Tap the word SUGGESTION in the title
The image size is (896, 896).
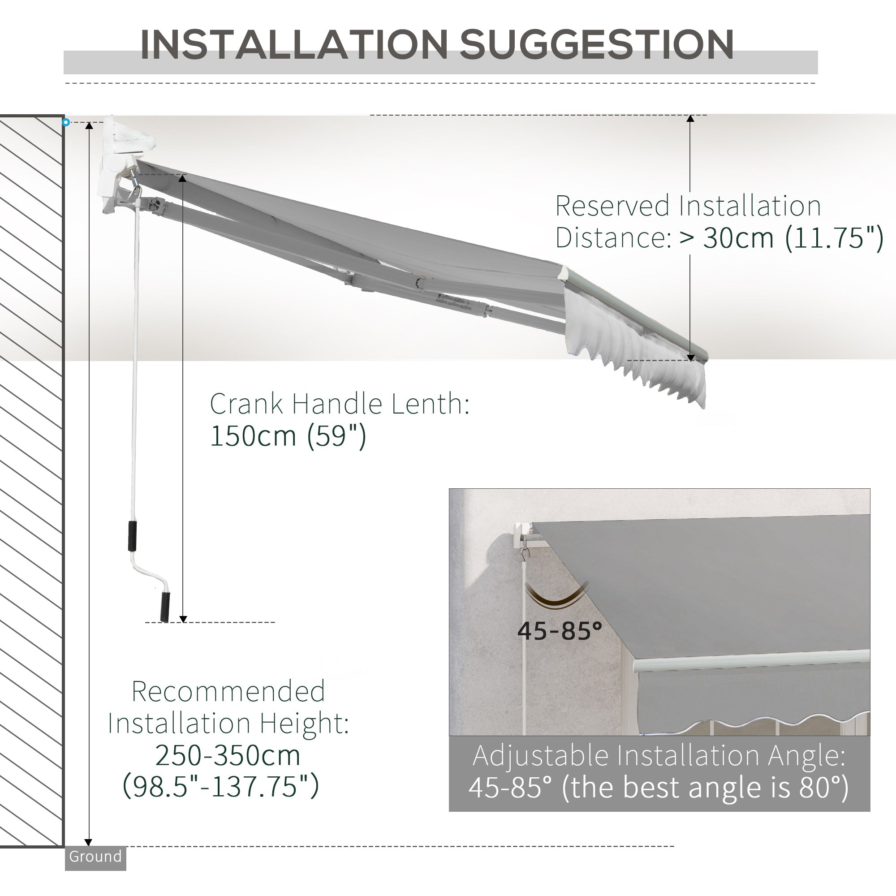click(x=596, y=44)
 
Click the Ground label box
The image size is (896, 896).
click(x=95, y=857)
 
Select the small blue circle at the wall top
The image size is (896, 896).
click(x=66, y=122)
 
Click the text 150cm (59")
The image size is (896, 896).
click(x=288, y=436)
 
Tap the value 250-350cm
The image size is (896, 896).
click(x=227, y=755)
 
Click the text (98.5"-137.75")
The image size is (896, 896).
click(x=221, y=786)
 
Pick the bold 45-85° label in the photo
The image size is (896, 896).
click(x=559, y=631)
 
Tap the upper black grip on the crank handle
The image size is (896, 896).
click(x=133, y=536)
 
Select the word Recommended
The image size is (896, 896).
click(x=228, y=691)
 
